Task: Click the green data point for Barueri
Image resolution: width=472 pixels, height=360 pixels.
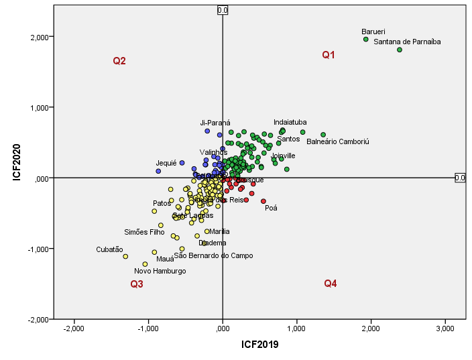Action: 365,40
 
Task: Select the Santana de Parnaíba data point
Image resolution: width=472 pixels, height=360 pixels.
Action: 400,50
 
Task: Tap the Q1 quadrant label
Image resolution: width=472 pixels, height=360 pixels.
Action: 329,55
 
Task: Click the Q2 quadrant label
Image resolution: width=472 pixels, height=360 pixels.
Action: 119,61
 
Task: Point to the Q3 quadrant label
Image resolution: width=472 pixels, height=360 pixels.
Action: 137,284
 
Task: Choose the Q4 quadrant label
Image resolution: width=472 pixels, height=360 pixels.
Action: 331,284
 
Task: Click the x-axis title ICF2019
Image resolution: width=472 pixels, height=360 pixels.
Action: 259,345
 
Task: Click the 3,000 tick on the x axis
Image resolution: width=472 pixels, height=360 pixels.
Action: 445,328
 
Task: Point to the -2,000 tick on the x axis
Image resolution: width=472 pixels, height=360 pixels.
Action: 73,328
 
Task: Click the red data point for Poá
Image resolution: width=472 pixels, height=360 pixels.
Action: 263,201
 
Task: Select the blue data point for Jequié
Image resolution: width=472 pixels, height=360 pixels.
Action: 158,171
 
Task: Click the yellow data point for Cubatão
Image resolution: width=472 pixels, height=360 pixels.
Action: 125,256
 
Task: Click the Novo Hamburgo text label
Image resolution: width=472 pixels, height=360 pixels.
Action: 160,272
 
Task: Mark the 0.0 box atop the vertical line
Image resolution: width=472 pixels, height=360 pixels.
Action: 223,10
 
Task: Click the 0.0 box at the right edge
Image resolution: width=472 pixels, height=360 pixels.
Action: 460,178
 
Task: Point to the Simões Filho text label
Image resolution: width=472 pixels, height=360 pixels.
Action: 144,232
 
